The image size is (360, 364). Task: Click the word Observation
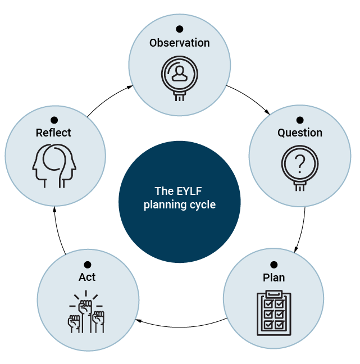[x=179, y=43]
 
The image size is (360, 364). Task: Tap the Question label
[x=300, y=133]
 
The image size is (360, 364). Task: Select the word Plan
[x=274, y=277]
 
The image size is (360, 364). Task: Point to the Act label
[x=87, y=277]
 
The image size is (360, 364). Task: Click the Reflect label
[x=53, y=133]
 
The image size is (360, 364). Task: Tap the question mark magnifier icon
[x=300, y=167]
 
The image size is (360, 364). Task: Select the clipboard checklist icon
[x=274, y=313]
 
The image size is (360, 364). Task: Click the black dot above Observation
[x=179, y=29]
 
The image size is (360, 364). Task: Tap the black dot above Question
[x=300, y=120]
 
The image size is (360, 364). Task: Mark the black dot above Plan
[x=274, y=264]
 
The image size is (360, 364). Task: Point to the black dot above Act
[x=87, y=264]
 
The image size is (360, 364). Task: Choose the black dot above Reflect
[x=54, y=120]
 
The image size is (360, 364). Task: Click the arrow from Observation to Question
[x=250, y=98]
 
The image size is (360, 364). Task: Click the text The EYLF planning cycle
[x=179, y=198]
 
